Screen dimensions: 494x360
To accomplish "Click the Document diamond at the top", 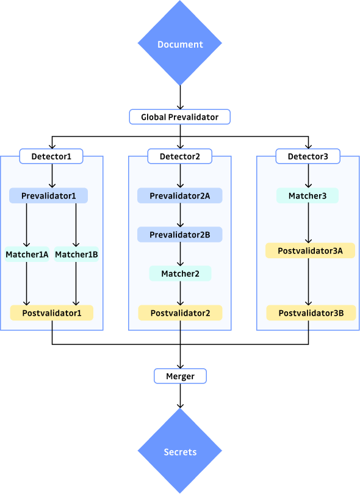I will tap(180, 44).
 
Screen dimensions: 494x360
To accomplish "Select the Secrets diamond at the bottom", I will tap(180, 452).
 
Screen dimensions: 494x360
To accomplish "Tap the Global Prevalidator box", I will tap(180, 117).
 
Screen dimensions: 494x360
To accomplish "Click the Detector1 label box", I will tap(51, 156).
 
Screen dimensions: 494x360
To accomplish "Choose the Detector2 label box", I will tap(180, 156).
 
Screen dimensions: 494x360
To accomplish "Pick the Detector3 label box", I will tap(308, 156).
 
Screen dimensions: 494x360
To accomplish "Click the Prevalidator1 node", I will tap(49, 195).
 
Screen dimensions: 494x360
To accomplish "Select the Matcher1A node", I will tap(27, 254).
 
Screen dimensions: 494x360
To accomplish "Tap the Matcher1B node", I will tap(76, 254).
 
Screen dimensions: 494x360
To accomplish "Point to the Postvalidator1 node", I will tap(51, 313).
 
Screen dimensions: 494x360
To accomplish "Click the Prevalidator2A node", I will tap(180, 195).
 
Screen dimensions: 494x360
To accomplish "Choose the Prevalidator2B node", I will tap(180, 234).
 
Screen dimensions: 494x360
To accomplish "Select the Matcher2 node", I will tap(180, 274).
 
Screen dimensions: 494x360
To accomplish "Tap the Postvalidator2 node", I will tap(180, 313).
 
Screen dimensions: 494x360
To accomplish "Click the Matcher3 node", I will tap(308, 195).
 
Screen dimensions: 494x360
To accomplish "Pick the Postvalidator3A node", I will tap(310, 250).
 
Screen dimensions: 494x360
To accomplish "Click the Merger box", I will tap(180, 376).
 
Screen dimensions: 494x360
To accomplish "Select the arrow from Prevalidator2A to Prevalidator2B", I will tap(180, 215).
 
